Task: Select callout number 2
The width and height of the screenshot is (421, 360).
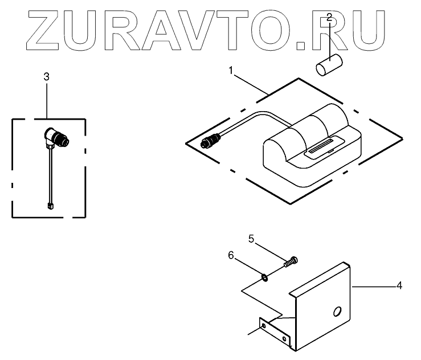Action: (329, 19)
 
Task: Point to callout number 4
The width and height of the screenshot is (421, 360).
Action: (399, 285)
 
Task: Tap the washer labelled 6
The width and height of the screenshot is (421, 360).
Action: (265, 277)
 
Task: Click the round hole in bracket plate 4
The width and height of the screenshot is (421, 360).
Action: (337, 310)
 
